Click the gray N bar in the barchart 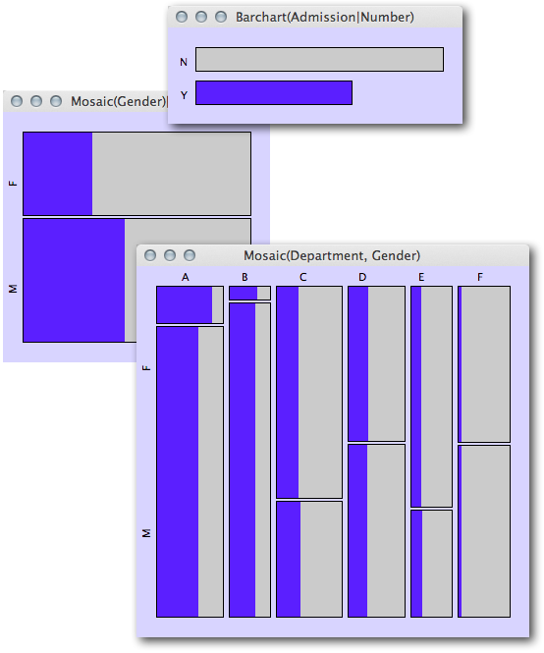click(x=319, y=60)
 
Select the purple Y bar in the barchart click(x=274, y=93)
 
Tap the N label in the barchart click(x=184, y=62)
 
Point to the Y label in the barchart click(x=184, y=95)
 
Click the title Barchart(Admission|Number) click(x=325, y=17)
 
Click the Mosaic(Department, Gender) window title click(x=332, y=255)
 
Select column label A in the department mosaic click(x=186, y=277)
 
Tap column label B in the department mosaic click(x=245, y=277)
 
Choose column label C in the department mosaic click(x=302, y=277)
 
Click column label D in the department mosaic click(x=362, y=277)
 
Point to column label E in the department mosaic click(x=421, y=277)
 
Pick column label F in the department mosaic click(x=480, y=277)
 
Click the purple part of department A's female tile click(x=185, y=304)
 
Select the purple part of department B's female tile click(x=244, y=294)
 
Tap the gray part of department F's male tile click(x=486, y=531)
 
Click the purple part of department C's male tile click(x=289, y=559)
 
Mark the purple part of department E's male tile click(x=417, y=564)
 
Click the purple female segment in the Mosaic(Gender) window click(x=58, y=174)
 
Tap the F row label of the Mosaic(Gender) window click(x=14, y=183)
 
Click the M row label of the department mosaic click(x=146, y=533)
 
